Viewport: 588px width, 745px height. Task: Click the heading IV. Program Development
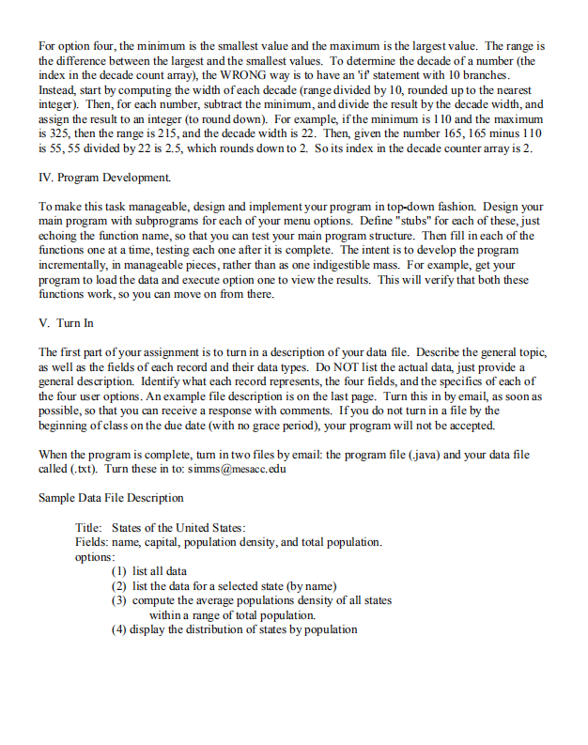coord(92,176)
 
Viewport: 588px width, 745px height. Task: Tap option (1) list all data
coord(148,570)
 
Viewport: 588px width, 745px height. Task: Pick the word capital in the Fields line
coord(169,542)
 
